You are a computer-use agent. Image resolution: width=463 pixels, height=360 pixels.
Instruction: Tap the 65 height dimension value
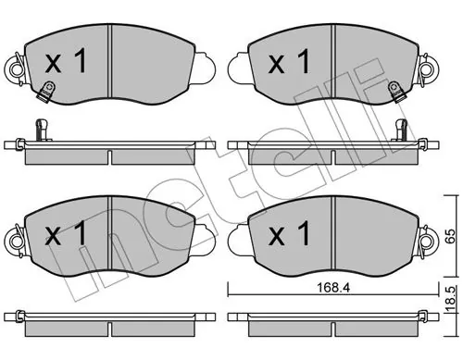click(449, 234)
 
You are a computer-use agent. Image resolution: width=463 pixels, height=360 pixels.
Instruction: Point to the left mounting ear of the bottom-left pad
click(14, 241)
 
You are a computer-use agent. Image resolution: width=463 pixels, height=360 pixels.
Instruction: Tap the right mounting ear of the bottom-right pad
click(429, 241)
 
